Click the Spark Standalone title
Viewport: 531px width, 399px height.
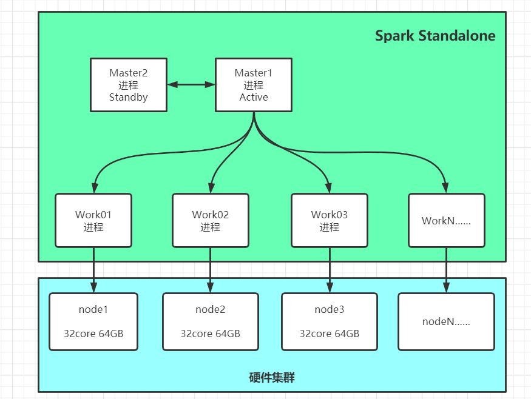click(435, 36)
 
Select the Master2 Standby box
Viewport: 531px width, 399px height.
click(129, 85)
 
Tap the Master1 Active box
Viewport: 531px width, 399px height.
click(254, 85)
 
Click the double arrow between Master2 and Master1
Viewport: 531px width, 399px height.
click(191, 85)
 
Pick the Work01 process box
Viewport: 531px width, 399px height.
click(93, 220)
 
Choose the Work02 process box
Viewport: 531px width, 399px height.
click(211, 220)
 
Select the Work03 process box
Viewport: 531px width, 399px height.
click(330, 220)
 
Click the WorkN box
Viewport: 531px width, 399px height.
click(447, 221)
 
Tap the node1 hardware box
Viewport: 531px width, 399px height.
click(93, 321)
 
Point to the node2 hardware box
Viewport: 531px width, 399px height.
click(211, 321)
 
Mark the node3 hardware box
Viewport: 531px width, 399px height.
click(330, 321)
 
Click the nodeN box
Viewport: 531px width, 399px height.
click(446, 321)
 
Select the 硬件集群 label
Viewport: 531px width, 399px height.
click(272, 378)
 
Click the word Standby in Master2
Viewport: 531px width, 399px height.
click(129, 97)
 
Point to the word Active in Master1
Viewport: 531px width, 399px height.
click(254, 97)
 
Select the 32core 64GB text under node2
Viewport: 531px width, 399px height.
click(211, 334)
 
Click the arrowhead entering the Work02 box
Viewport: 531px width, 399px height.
click(211, 188)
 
